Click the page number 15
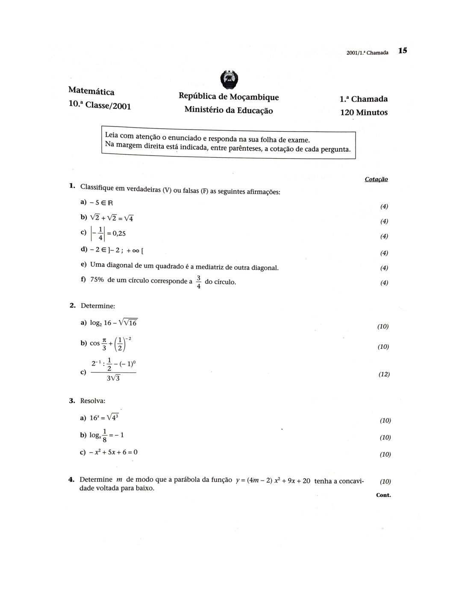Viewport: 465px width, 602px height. [403, 50]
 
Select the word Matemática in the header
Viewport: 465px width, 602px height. [91, 91]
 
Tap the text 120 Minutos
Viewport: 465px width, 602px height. [364, 112]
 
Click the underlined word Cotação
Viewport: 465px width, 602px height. [376, 179]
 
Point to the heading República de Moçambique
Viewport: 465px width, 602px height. [229, 97]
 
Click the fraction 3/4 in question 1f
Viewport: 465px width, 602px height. [199, 282]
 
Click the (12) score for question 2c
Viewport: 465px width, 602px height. [384, 374]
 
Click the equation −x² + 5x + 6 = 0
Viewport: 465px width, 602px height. [113, 452]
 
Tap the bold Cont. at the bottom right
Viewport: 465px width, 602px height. [383, 495]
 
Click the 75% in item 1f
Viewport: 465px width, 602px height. [98, 280]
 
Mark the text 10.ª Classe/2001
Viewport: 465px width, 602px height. [100, 105]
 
